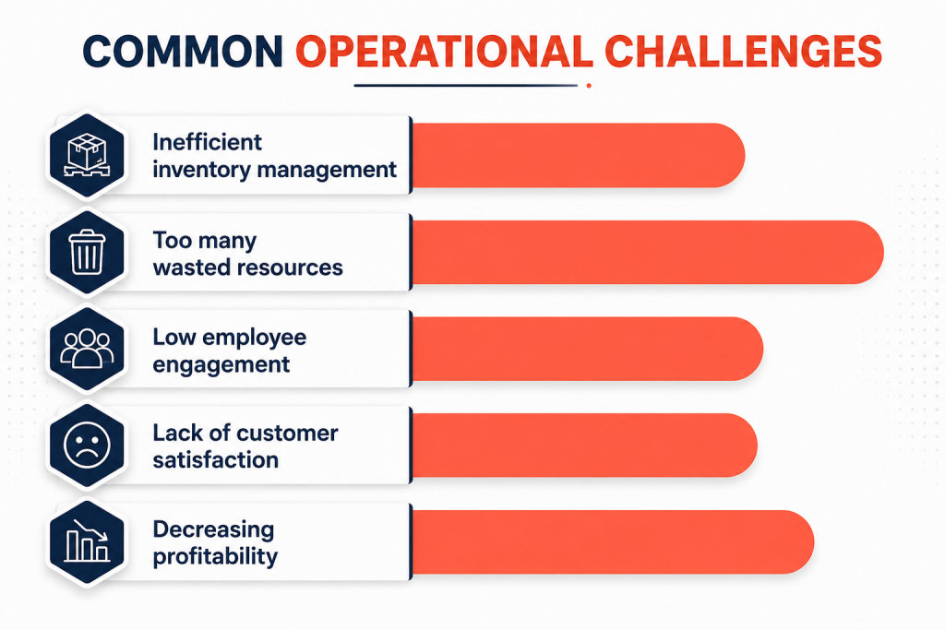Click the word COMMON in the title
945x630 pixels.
183,51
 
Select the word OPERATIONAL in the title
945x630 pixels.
444,51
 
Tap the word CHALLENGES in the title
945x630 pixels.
743,51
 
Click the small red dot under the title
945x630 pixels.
589,86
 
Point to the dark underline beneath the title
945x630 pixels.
465,86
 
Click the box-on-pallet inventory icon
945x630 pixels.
88,155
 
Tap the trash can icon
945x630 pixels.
88,252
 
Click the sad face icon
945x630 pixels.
88,446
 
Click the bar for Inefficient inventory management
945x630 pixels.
579,155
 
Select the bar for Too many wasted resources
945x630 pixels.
648,252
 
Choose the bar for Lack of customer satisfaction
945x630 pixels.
584,446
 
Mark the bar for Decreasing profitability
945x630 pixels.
613,541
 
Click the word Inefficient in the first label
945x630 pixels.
207,142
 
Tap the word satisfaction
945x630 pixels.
215,460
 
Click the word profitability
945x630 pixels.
215,556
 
